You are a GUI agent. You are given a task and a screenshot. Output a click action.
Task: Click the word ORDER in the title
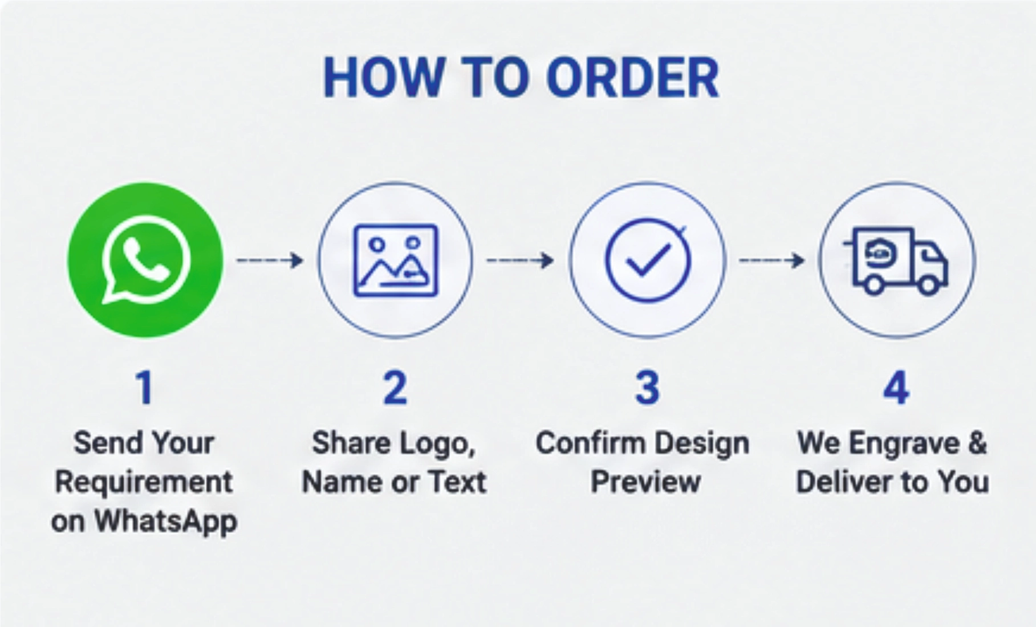point(633,78)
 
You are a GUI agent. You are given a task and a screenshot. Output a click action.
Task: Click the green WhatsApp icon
point(145,260)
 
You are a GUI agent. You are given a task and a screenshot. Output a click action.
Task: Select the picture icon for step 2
point(396,260)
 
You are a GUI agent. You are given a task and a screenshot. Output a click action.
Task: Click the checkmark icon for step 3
point(648,260)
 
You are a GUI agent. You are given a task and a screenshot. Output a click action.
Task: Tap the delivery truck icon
point(896,261)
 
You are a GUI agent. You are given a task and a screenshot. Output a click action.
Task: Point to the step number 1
point(145,388)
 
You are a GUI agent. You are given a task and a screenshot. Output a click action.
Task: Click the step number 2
point(395,388)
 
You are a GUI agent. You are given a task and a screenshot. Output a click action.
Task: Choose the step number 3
point(647,388)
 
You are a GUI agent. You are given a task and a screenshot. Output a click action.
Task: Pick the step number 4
point(896,388)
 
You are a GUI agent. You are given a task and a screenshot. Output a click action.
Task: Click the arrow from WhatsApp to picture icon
point(270,260)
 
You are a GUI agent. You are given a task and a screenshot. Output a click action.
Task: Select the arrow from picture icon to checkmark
point(520,260)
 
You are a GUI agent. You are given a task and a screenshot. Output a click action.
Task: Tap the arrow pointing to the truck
point(772,260)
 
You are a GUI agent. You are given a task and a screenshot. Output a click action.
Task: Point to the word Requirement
point(144,482)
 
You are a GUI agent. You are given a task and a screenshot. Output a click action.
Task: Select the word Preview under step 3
point(645,482)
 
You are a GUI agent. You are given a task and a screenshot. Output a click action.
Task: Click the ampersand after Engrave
point(977,443)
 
